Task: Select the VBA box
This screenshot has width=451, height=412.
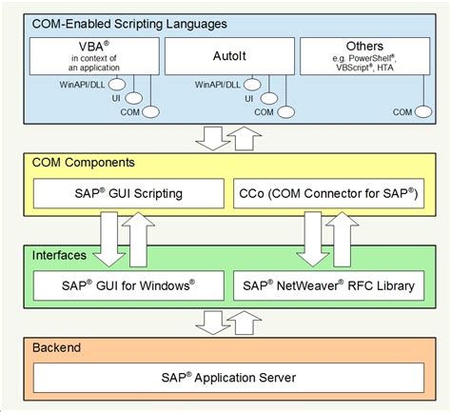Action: point(92,55)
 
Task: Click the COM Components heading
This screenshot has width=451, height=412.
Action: point(83,163)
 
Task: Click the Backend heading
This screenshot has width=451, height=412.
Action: point(56,347)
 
